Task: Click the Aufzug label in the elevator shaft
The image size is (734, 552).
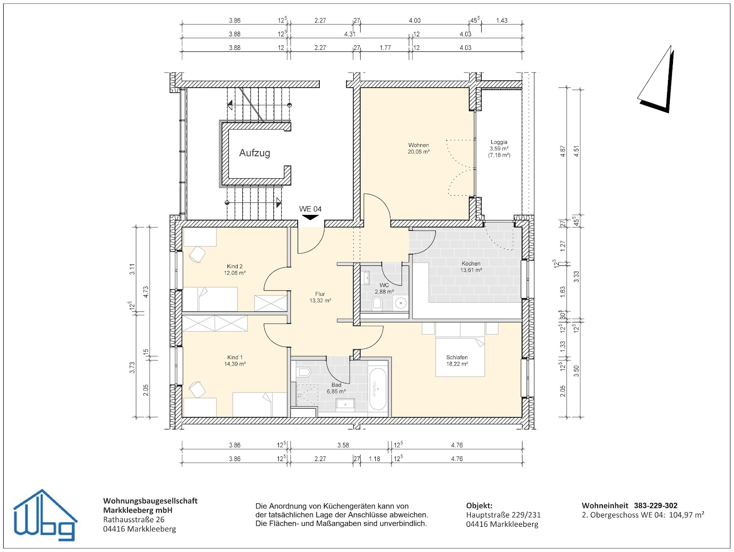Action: click(x=255, y=153)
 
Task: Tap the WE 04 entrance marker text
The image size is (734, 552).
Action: click(x=310, y=209)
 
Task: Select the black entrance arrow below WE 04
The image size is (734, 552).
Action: click(x=310, y=217)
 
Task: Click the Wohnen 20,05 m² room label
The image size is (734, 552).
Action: click(x=418, y=148)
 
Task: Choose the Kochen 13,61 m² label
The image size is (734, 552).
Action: click(x=471, y=266)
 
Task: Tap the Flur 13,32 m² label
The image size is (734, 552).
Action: click(x=320, y=297)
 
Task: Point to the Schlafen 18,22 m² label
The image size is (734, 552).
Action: click(x=457, y=360)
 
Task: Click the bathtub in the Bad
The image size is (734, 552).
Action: click(x=378, y=389)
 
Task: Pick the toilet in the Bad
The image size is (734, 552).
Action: click(x=304, y=372)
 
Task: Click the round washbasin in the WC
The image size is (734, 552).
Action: click(x=400, y=303)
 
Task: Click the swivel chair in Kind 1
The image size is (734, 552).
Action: click(x=197, y=389)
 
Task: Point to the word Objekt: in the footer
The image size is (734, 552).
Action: click(x=479, y=506)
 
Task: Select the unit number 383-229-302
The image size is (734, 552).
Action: click(x=656, y=506)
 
